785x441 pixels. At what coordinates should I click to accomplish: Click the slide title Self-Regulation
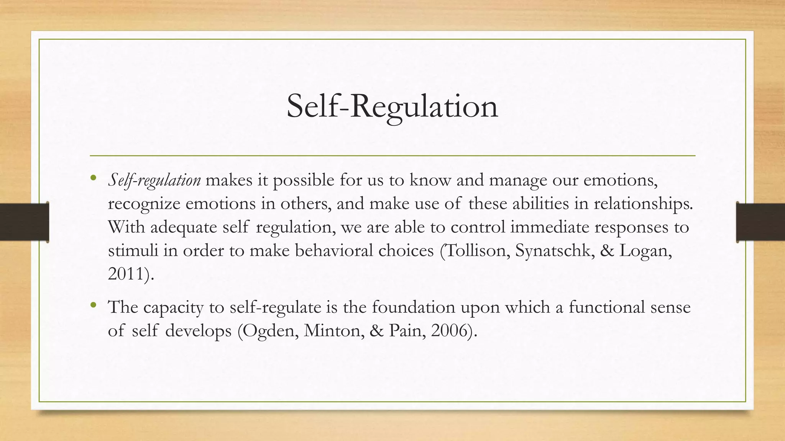coord(392,107)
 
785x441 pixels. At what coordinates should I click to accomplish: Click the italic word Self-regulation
coord(154,180)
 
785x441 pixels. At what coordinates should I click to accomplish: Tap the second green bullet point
coord(93,305)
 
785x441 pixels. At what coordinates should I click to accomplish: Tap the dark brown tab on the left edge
coord(24,222)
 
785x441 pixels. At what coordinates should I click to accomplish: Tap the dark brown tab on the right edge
coord(760,222)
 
